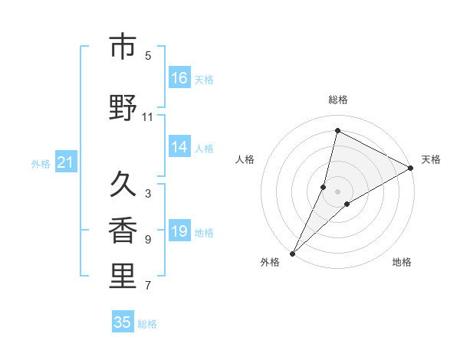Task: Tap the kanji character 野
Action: pyautogui.click(x=123, y=107)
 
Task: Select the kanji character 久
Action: pyautogui.click(x=123, y=184)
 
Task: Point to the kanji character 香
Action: pyautogui.click(x=123, y=231)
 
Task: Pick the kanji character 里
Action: pyautogui.click(x=123, y=276)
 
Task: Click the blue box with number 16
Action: pyautogui.click(x=179, y=78)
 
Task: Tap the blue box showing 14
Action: pyautogui.click(x=179, y=147)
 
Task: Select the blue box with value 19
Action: pyautogui.click(x=179, y=231)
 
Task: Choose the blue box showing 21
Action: pyautogui.click(x=66, y=162)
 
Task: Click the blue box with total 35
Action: pyautogui.click(x=123, y=322)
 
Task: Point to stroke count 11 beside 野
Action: pyautogui.click(x=147, y=116)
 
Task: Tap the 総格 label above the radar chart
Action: pyautogui.click(x=338, y=100)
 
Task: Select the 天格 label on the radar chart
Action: pyautogui.click(x=431, y=159)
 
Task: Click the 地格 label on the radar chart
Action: pyautogui.click(x=402, y=262)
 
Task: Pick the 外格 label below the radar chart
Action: pyautogui.click(x=270, y=262)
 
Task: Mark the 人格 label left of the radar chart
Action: pyautogui.click(x=245, y=159)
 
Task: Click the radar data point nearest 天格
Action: pyautogui.click(x=411, y=168)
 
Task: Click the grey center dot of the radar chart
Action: pyautogui.click(x=337, y=191)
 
